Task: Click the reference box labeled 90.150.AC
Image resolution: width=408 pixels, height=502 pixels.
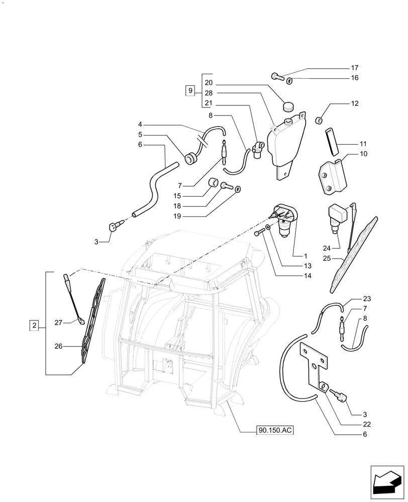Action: coord(274,430)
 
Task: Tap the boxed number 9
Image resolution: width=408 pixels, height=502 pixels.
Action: coord(190,91)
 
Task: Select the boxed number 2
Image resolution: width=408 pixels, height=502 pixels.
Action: coord(34,326)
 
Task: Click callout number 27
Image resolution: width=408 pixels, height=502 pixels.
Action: coord(59,323)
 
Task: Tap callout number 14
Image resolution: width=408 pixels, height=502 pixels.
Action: coord(308,276)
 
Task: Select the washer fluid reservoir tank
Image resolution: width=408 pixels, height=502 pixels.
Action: coord(285,143)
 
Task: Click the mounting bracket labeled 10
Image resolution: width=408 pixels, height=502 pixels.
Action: coord(331,177)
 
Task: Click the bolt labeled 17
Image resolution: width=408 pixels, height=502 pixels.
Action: coord(277,76)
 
